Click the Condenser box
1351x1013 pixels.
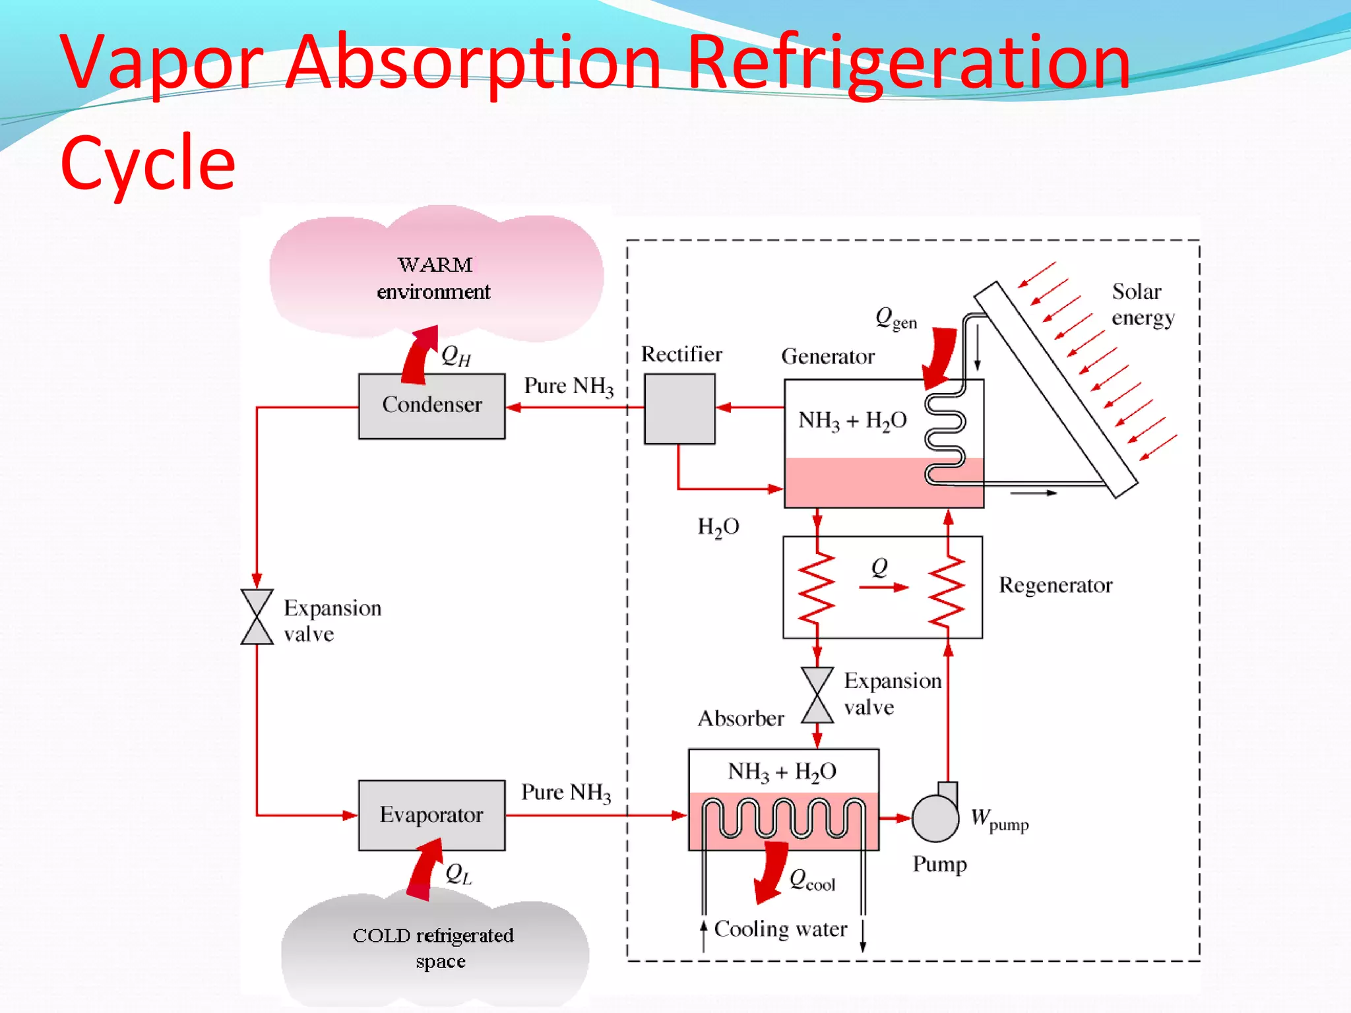(431, 406)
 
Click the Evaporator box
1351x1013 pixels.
(431, 815)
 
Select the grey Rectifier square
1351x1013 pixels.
(679, 409)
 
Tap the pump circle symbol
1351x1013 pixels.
(935, 818)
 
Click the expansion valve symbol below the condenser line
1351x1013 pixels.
(257, 617)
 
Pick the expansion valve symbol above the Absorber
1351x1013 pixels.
(817, 695)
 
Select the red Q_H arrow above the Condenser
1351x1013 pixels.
(420, 356)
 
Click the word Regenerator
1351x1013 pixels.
(1055, 585)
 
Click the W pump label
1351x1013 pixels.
(999, 820)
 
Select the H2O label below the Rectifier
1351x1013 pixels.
(718, 527)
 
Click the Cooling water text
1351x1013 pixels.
(780, 929)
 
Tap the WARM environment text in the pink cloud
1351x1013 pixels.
(434, 278)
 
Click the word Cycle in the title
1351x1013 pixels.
(148, 162)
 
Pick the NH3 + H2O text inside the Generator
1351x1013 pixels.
(852, 420)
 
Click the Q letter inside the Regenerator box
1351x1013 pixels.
(879, 567)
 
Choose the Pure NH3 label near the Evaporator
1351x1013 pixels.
(565, 792)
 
